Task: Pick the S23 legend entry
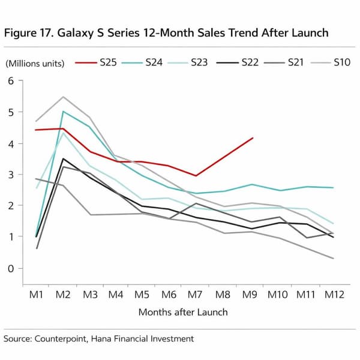click(x=199, y=62)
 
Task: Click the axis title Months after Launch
click(x=183, y=312)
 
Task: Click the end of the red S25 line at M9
click(x=253, y=138)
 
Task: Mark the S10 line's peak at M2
click(x=64, y=97)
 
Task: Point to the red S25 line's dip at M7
click(x=196, y=176)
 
